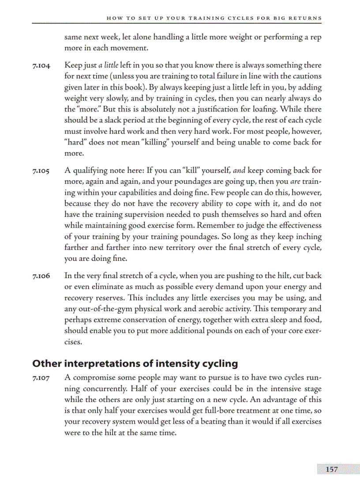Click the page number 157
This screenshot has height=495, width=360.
pos(331,469)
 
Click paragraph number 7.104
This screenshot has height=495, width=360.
pos(41,66)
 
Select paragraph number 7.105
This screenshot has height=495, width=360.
pos(41,171)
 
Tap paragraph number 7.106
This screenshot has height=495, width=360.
pos(41,276)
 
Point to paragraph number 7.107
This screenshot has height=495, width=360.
pos(41,378)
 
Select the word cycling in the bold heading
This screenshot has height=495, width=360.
pos(219,364)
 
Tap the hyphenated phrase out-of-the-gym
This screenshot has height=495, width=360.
pos(102,309)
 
